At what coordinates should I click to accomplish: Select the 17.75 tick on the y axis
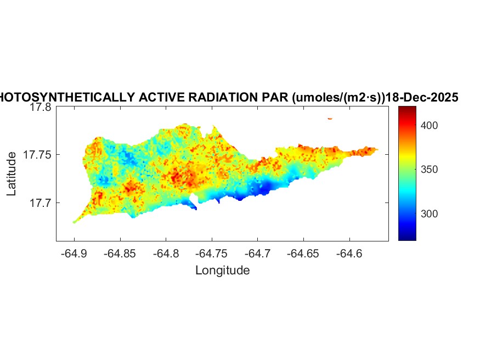coord(37,155)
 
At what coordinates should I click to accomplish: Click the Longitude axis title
coord(222,270)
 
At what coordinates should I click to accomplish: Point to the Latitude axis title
coord(12,174)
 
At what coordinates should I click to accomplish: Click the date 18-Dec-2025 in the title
coord(422,98)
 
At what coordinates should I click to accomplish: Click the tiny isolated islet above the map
coord(330,119)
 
